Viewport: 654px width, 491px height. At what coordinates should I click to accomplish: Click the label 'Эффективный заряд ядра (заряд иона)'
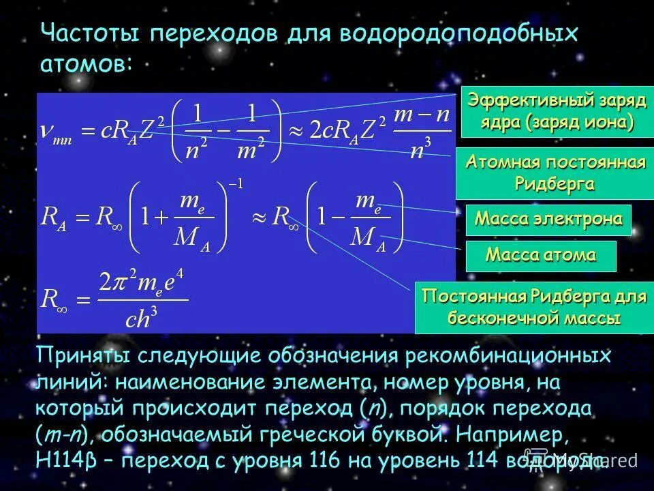point(557,112)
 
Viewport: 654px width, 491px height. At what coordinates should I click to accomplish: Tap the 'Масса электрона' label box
point(548,219)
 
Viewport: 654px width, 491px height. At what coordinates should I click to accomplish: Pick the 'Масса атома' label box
point(540,256)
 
